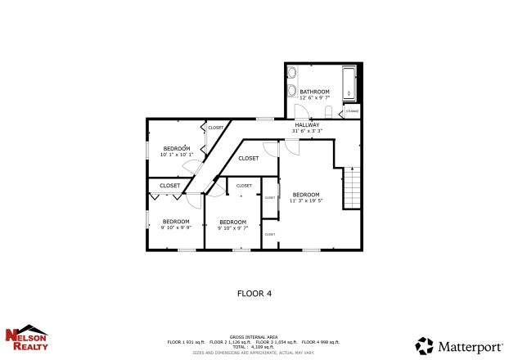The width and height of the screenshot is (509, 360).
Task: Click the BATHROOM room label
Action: click(x=314, y=92)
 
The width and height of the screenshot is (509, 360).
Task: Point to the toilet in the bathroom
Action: click(x=327, y=111)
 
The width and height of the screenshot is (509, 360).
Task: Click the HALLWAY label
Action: click(x=308, y=124)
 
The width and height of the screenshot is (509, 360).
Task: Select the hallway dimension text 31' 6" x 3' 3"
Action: click(x=308, y=131)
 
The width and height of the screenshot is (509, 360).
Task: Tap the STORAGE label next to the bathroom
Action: click(x=352, y=111)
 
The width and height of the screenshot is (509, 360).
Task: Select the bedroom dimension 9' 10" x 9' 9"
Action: click(x=176, y=227)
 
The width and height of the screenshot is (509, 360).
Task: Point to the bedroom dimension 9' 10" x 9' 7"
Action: click(x=232, y=227)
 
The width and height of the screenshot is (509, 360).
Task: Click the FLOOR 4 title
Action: click(x=254, y=292)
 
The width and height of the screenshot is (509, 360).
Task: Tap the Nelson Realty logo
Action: click(x=27, y=338)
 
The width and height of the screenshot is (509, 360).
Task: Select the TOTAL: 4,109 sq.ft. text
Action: click(x=254, y=347)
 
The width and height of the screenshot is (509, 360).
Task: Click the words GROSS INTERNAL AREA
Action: click(x=254, y=337)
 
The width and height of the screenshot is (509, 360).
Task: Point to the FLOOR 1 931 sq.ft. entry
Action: click(x=186, y=342)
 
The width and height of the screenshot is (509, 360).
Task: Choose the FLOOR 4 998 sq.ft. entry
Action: click(x=320, y=342)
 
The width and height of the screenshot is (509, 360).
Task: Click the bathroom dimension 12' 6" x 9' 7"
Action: click(x=314, y=98)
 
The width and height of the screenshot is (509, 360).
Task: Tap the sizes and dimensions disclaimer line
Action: click(x=254, y=353)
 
